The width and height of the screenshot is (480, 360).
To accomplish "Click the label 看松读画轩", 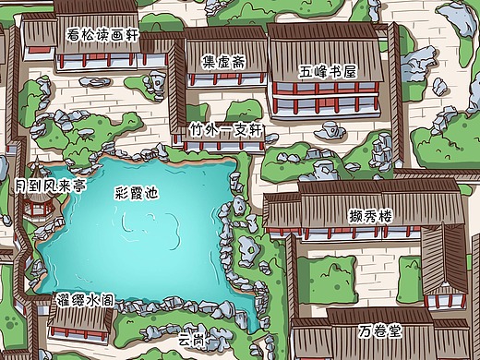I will [x=103, y=34].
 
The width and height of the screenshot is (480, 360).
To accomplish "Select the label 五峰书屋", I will [x=328, y=70].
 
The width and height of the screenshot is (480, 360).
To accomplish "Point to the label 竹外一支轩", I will [x=226, y=130].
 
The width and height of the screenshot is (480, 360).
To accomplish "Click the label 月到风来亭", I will [x=51, y=186].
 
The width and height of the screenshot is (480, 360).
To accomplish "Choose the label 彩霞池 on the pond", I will [x=137, y=194].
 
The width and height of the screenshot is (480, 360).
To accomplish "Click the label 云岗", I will [x=191, y=339].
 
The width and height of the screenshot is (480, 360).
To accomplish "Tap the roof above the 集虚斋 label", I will [x=224, y=42].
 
